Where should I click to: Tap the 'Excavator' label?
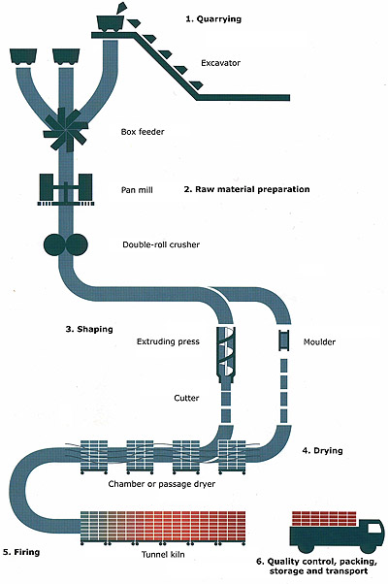(x=221, y=63)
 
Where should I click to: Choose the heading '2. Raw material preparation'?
(x=246, y=189)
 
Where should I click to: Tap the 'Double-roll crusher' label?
(x=161, y=244)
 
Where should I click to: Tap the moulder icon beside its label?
(x=285, y=342)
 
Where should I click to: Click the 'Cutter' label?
(x=186, y=398)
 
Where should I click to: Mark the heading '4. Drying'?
(x=323, y=451)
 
